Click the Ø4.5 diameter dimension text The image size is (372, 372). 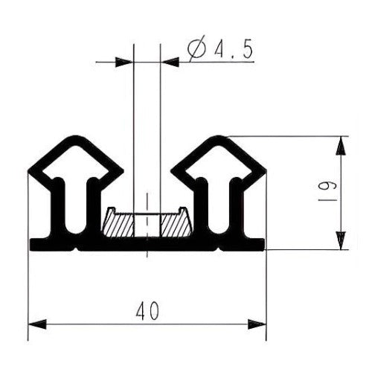click(x=220, y=48)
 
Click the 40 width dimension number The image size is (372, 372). click(x=147, y=311)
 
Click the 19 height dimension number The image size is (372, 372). click(x=327, y=194)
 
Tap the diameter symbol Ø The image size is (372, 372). click(x=197, y=48)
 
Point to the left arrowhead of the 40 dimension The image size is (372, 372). click(x=37, y=324)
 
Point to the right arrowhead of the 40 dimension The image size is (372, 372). click(x=257, y=324)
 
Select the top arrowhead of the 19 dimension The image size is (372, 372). click(x=341, y=146)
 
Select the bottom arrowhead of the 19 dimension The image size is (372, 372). click(x=341, y=240)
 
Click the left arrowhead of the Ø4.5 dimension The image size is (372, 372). click(x=124, y=62)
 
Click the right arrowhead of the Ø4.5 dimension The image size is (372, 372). click(x=170, y=62)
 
